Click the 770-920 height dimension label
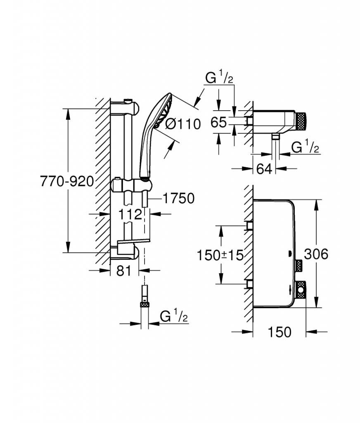coord(67,181)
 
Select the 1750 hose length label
coord(178,199)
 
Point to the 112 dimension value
coord(130,214)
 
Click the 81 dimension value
coord(124,271)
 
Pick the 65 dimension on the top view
coord(218,122)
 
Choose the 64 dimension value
coord(264,169)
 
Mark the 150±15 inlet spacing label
coord(220,255)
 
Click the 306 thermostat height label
coord(316,254)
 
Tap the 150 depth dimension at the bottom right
coord(279,332)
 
